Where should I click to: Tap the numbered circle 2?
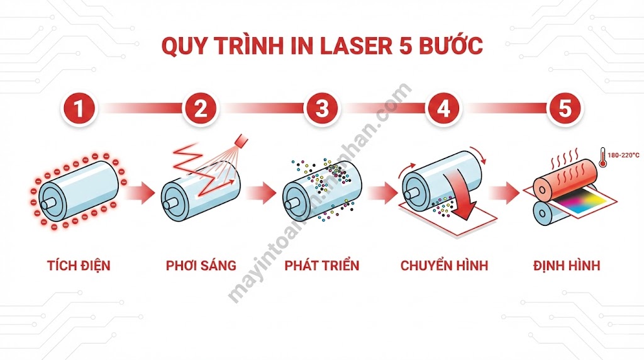[x=200, y=109]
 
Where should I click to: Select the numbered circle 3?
[x=321, y=109]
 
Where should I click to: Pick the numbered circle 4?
[x=443, y=109]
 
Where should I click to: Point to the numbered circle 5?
[x=565, y=109]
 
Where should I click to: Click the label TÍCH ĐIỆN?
[x=79, y=265]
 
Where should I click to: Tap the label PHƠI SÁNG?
[x=201, y=265]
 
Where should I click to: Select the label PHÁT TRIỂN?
[x=322, y=265]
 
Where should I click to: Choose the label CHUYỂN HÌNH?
[x=443, y=265]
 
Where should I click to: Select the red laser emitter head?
[x=240, y=139]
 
